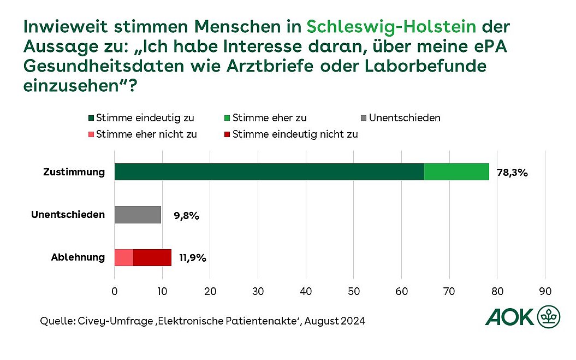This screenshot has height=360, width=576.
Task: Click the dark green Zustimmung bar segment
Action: pos(269,172)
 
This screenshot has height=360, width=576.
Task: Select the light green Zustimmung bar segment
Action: pos(456,172)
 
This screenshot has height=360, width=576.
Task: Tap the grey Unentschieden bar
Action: pos(138,215)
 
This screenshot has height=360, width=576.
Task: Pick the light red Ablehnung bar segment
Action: pos(124,257)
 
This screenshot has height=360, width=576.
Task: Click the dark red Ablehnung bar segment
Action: pos(152,257)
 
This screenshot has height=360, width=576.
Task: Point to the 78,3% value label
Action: pos(512,173)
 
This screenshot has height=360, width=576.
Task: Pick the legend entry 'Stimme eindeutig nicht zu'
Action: pos(290,134)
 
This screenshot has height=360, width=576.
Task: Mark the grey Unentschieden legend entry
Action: pos(400,117)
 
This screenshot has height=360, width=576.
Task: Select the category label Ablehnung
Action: pos(78,257)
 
